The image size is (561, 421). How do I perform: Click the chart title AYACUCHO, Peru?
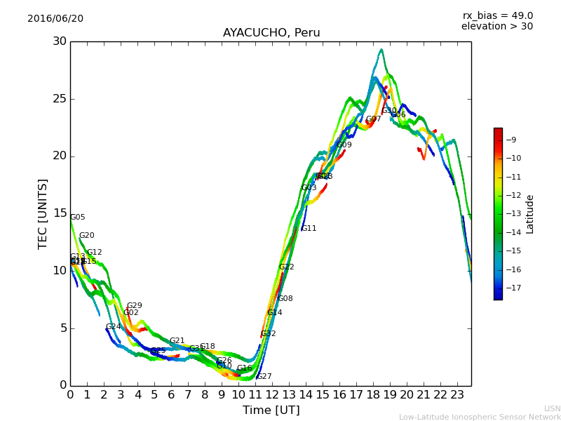271,33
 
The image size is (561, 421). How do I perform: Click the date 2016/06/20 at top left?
55,19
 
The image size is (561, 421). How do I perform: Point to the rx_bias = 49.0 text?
498,16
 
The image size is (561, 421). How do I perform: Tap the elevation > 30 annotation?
497,27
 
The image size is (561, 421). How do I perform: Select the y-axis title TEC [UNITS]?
43,214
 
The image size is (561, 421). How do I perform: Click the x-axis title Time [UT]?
271,410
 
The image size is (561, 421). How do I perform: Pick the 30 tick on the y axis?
60,41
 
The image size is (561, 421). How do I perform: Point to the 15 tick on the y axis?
60,213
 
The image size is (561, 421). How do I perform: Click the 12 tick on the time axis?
272,395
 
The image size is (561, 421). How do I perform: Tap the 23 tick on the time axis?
457,395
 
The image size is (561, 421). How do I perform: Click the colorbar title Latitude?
530,214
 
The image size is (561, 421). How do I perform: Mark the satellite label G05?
78,218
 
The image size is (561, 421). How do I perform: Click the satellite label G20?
87,236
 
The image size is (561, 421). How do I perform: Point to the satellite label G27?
264,377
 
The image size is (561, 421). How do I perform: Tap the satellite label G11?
309,229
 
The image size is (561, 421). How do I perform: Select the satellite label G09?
344,145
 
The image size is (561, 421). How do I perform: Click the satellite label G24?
114,327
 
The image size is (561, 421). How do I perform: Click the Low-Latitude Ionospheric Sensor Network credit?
480,417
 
